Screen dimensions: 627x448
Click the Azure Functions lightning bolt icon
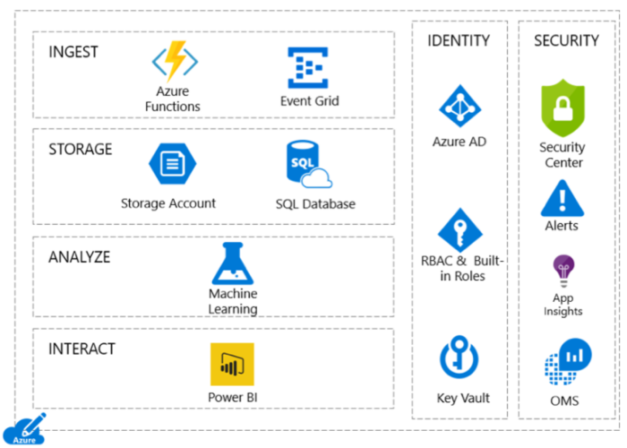(x=175, y=61)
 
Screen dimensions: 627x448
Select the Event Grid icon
(x=308, y=67)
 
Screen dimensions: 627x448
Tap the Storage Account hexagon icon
(x=172, y=164)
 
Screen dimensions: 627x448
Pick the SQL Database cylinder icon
(x=309, y=164)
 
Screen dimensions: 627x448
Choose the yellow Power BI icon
(x=232, y=365)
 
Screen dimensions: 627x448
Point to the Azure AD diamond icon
(x=460, y=106)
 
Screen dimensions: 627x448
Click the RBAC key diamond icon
(x=460, y=230)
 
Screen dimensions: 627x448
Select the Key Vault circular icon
(x=459, y=357)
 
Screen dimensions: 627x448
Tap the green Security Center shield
(x=563, y=108)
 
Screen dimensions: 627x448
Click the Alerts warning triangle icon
(x=563, y=198)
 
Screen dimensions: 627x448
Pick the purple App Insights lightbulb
(x=563, y=271)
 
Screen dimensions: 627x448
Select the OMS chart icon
(x=568, y=362)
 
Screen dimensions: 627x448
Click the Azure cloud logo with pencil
(x=24, y=430)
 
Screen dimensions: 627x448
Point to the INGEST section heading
(x=73, y=52)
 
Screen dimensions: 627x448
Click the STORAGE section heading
(x=81, y=150)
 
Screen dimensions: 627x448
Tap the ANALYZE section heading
(x=79, y=257)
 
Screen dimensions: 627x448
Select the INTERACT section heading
(x=82, y=349)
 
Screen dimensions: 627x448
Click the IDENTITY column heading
(x=459, y=40)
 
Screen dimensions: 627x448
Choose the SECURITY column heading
(x=567, y=40)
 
